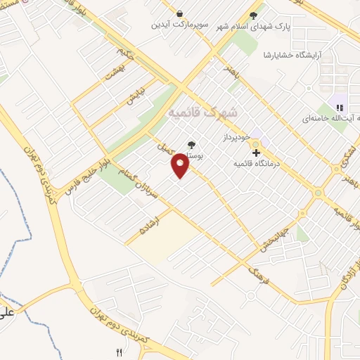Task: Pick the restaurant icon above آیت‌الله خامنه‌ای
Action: pos(340,108)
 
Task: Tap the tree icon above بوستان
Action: pos(191,146)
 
